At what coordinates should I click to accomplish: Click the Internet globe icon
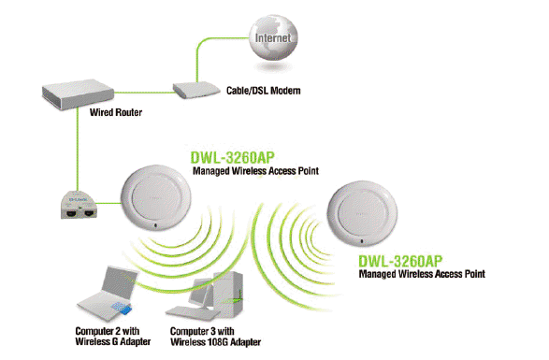pyautogui.click(x=273, y=37)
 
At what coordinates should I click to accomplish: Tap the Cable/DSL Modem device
pyautogui.click(x=196, y=91)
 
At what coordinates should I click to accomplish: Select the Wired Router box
pyautogui.click(x=78, y=94)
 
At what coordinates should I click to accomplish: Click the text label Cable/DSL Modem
pyautogui.click(x=264, y=91)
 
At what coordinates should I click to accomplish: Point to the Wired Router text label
pyautogui.click(x=116, y=112)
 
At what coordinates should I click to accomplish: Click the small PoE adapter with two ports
pyautogui.click(x=79, y=205)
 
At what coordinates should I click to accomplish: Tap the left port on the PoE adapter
pyautogui.click(x=71, y=212)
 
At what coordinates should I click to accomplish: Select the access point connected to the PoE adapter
pyautogui.click(x=155, y=198)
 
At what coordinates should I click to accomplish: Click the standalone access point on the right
pyautogui.click(x=362, y=212)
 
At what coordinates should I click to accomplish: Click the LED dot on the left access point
pyautogui.click(x=155, y=225)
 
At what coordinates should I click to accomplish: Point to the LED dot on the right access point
pyautogui.click(x=362, y=241)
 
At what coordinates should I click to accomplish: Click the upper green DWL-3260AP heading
pyautogui.click(x=232, y=158)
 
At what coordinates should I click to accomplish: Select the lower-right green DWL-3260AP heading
pyautogui.click(x=400, y=261)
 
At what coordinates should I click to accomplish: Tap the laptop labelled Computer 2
pyautogui.click(x=105, y=295)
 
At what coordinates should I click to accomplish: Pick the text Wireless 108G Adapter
pyautogui.click(x=216, y=342)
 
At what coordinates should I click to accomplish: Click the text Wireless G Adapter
pyautogui.click(x=113, y=341)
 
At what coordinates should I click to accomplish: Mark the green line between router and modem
pyautogui.click(x=143, y=93)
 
